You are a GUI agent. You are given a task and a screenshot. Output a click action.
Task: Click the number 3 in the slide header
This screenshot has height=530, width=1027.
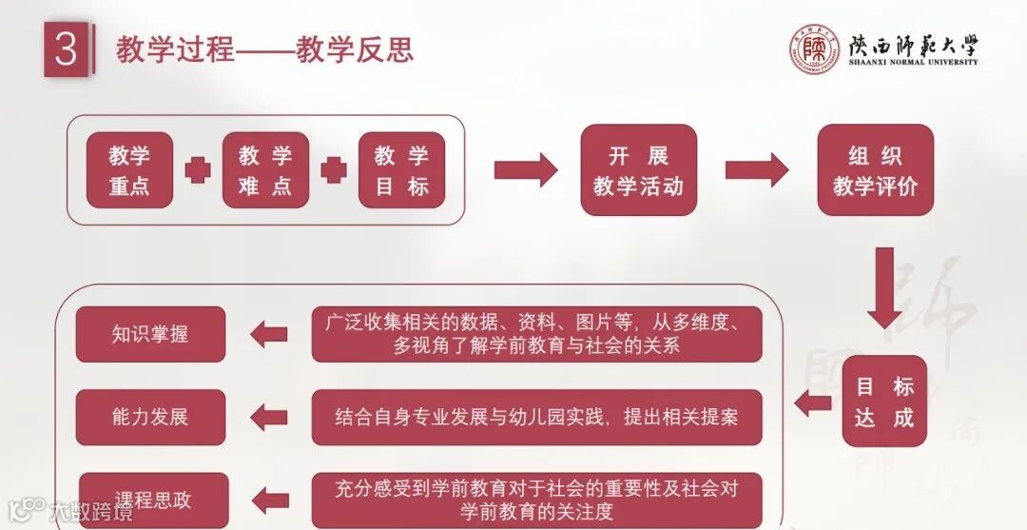66,50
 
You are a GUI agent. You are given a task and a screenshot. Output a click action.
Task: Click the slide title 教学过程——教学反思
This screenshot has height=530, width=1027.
264,49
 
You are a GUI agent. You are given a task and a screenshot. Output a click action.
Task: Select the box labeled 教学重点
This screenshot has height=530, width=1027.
129,170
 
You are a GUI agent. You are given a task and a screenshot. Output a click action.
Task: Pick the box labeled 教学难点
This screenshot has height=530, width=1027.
265,170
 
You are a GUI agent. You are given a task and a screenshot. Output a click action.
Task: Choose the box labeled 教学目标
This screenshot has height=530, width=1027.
401,170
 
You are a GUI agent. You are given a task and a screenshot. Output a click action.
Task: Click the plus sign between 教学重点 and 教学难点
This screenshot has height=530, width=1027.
198,170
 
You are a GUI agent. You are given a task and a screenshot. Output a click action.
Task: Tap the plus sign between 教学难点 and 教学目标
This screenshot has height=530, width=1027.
334,170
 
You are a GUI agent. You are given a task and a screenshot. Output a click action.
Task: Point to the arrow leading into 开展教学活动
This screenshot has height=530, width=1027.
526,170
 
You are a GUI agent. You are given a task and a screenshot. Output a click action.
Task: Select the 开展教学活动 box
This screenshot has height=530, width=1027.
638,170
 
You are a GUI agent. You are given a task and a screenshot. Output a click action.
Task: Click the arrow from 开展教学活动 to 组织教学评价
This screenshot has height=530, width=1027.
757,170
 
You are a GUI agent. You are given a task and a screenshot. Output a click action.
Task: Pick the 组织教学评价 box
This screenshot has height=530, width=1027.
875,170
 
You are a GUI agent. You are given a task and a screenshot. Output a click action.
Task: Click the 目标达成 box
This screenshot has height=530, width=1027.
884,402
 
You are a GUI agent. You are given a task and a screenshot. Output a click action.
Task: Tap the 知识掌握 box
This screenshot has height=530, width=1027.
150,334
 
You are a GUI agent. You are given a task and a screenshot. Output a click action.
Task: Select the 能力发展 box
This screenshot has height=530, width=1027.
150,417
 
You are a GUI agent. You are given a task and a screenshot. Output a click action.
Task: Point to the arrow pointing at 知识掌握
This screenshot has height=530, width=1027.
268,334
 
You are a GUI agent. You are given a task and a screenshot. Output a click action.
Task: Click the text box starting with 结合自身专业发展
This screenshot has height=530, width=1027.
536,417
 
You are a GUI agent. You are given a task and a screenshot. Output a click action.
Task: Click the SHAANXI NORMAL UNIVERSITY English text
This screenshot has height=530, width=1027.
913,62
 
